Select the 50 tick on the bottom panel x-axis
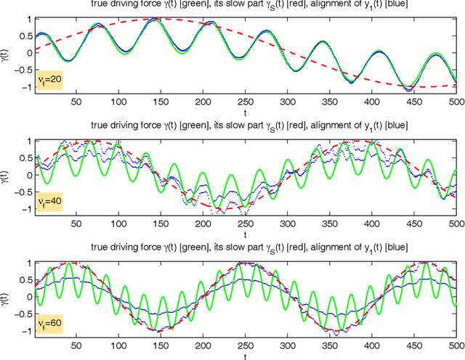(x=33, y=348)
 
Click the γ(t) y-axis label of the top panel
(x=7, y=52)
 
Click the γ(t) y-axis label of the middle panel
(x=7, y=175)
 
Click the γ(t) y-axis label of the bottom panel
(x=7, y=298)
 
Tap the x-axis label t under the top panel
(x=245, y=112)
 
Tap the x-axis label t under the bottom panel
(x=245, y=357)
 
